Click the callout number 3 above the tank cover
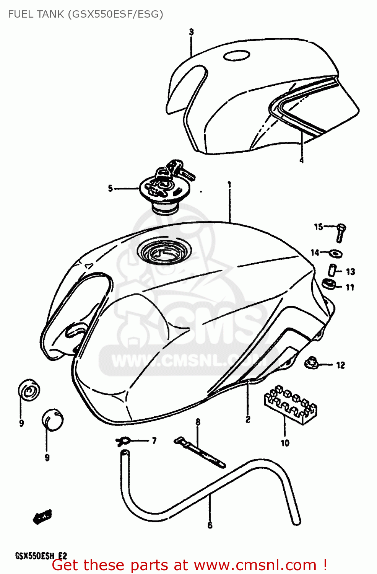click(191, 32)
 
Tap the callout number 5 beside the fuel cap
click(110, 188)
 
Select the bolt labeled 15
click(341, 232)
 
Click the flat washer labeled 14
click(336, 253)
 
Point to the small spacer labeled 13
click(332, 269)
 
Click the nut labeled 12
click(312, 362)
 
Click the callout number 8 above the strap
click(198, 422)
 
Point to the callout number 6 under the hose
click(210, 525)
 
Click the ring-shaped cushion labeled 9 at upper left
click(29, 390)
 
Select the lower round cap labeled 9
click(52, 419)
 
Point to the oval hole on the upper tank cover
click(237, 56)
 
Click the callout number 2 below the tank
click(248, 419)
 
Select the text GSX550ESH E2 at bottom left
click(41, 556)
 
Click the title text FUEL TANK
click(36, 14)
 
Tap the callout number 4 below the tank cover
click(302, 160)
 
